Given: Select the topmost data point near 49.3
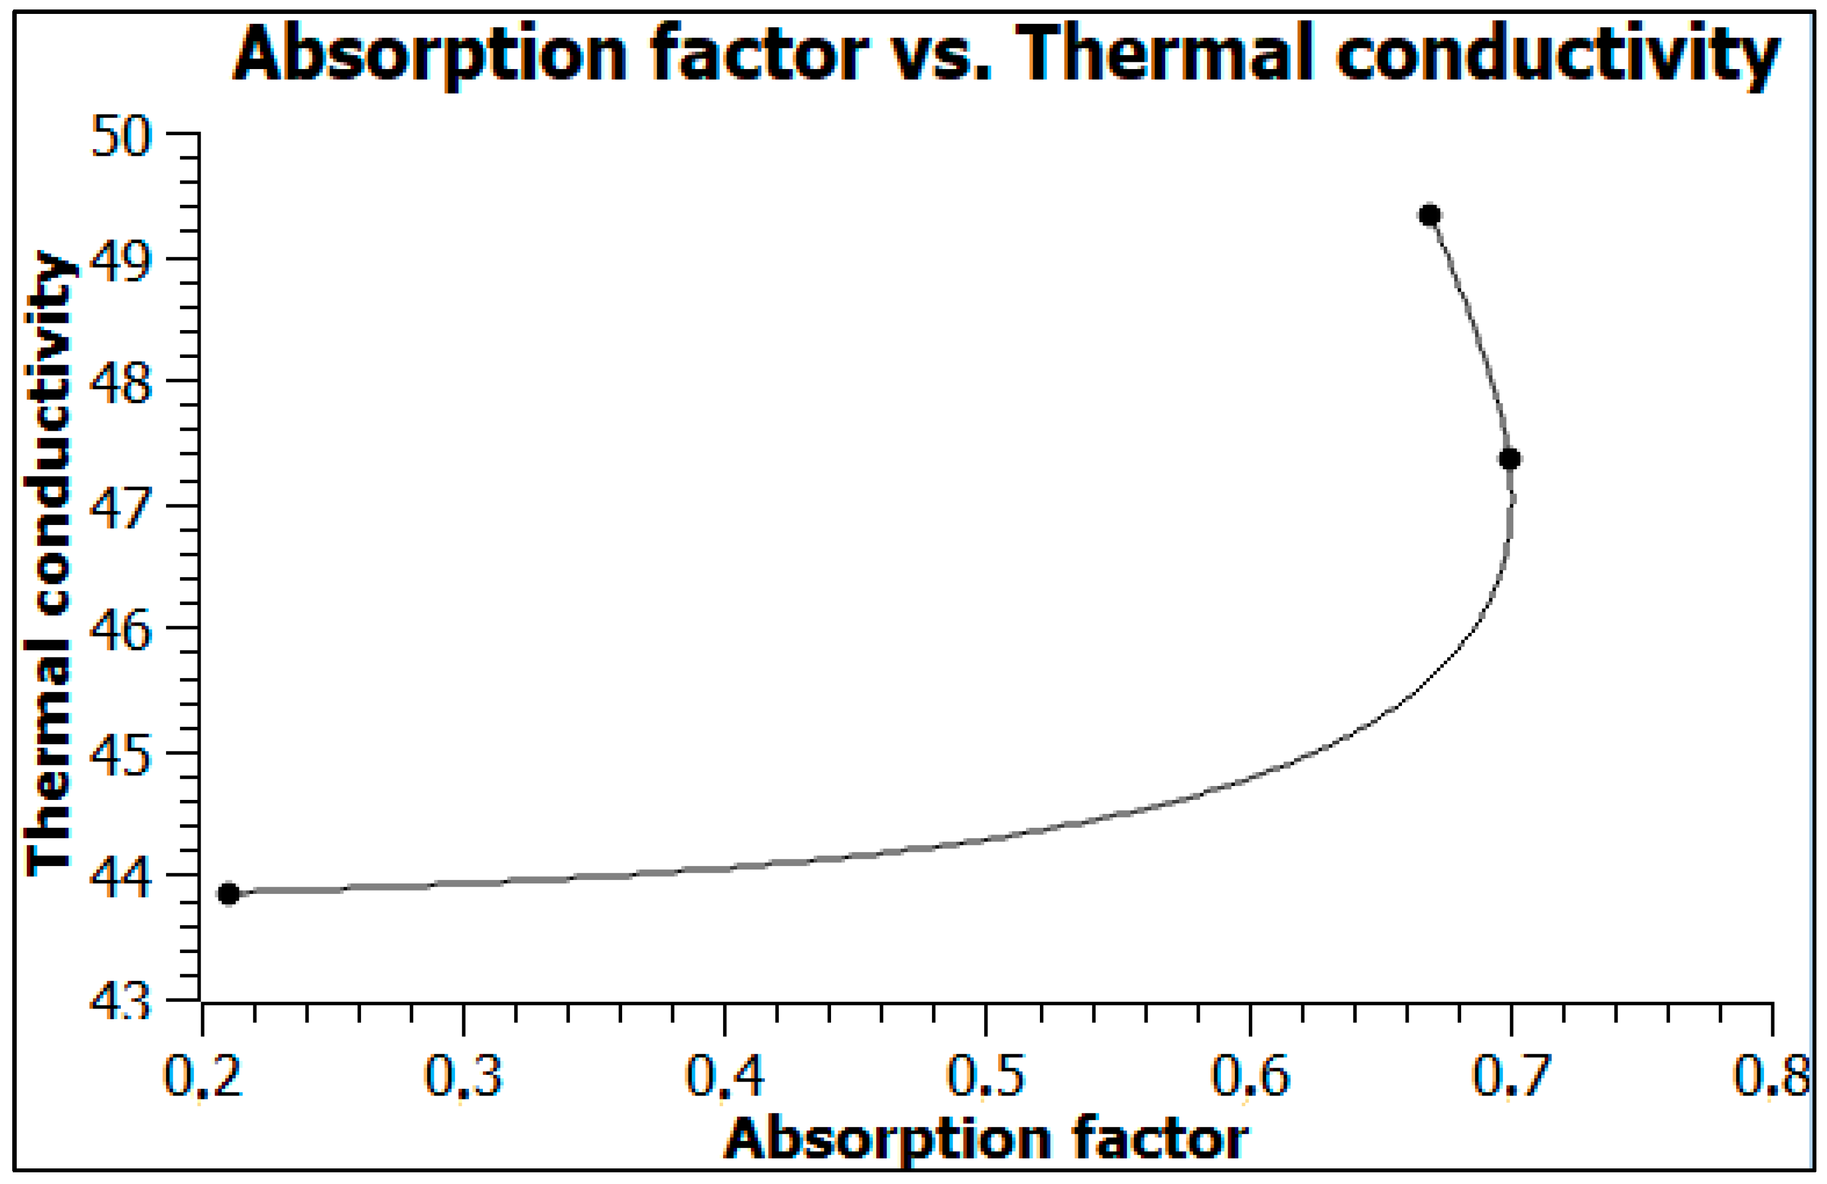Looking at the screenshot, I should (x=1429, y=215).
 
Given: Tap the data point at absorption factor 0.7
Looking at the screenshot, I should (x=1509, y=459).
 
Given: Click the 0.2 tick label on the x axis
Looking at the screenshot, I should (x=203, y=1077).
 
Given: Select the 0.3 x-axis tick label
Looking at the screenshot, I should (x=463, y=1077).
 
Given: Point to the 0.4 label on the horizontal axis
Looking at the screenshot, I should (x=725, y=1077).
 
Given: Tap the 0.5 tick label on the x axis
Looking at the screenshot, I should (x=986, y=1077).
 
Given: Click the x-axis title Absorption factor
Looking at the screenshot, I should (x=986, y=1139).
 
